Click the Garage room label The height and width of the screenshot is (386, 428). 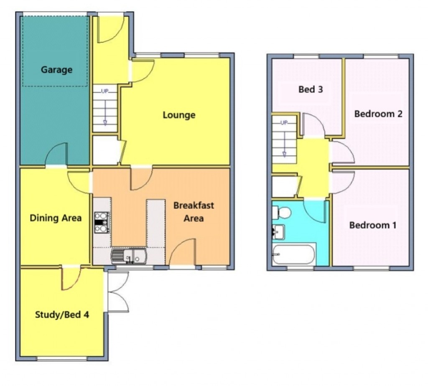coord(56,70)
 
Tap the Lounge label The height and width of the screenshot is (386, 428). coord(179,114)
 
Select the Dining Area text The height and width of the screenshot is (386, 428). coord(56,218)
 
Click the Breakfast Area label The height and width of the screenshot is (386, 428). coord(193,211)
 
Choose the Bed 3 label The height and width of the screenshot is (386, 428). coord(311,89)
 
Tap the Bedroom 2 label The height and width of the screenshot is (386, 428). coord(378,114)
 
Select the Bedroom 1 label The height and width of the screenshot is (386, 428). coord(373,225)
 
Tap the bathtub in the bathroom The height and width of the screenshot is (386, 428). coord(293,255)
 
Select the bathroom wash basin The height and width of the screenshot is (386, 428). coord(278,231)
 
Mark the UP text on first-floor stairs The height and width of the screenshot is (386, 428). coord(284,122)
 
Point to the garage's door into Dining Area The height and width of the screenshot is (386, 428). coord(56,155)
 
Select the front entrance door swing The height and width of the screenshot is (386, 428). coord(111,29)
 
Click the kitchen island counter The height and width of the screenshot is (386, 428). coord(155,223)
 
